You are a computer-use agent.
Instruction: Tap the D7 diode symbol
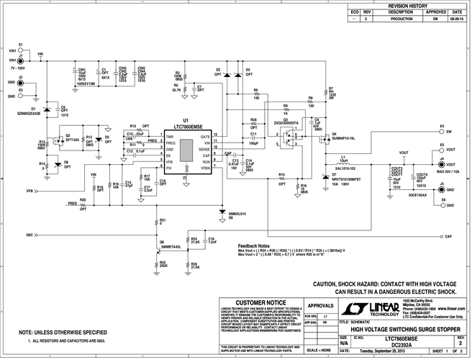point(323,175)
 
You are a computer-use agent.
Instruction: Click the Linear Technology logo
point(364,310)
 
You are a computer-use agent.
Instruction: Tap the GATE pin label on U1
point(206,137)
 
